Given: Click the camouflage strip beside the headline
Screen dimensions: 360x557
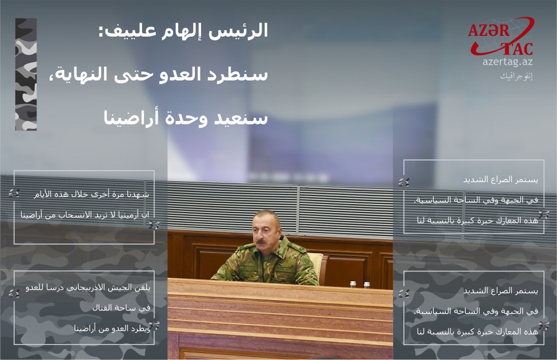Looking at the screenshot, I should coord(26,74).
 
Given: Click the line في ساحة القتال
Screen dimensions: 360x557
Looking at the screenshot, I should coord(121,308).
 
